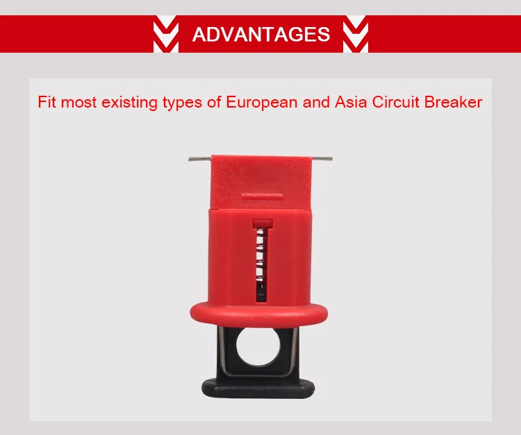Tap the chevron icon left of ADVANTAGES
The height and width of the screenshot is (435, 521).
click(165, 35)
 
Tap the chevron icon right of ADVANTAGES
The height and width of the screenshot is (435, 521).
click(356, 35)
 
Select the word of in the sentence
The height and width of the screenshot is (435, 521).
click(213, 103)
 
